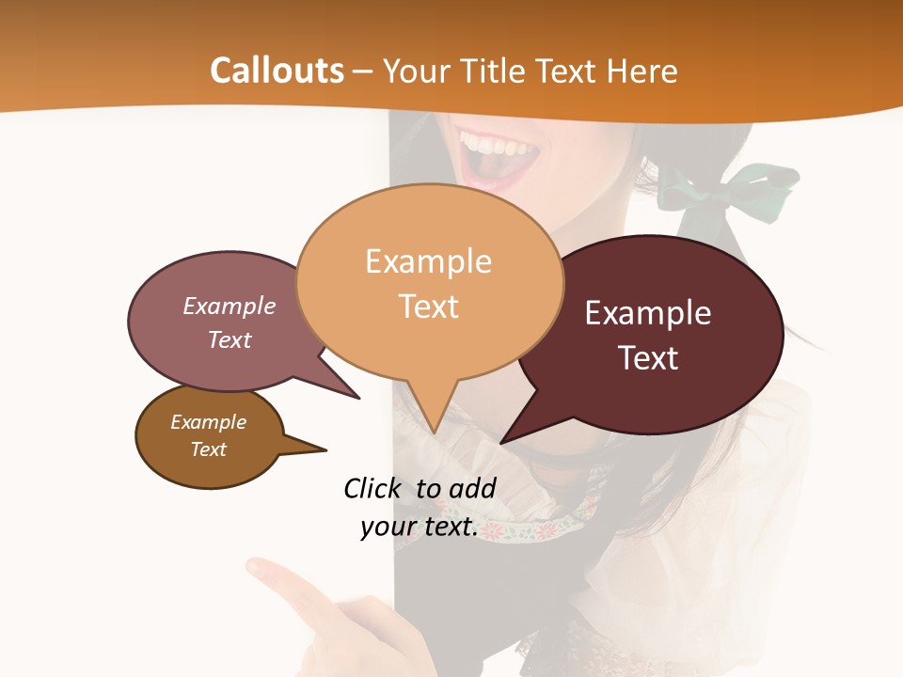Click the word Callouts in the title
[277, 71]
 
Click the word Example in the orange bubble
[428, 261]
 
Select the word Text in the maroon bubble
[649, 358]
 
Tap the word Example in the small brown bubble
[208, 422]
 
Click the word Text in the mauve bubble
[230, 339]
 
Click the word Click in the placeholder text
[372, 488]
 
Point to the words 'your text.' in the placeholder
[420, 527]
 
